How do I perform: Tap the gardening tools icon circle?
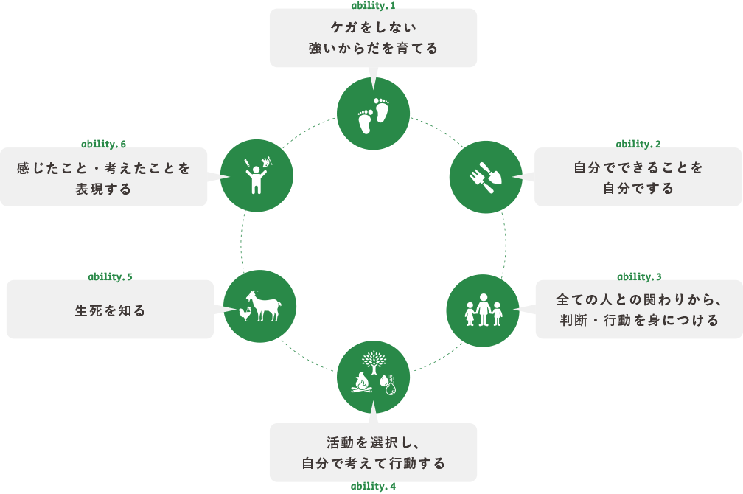pos(486,177)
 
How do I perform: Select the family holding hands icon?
pos(484,310)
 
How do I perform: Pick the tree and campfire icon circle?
pos(373,377)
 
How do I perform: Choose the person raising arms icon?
pos(256,175)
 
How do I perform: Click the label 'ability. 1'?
pos(373,4)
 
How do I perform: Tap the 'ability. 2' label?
pos(638,143)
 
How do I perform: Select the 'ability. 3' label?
pos(638,276)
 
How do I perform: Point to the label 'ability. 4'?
pos(373,487)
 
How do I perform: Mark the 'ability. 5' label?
pos(111,276)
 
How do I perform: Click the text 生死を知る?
pos(111,310)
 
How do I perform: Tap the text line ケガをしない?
pos(373,28)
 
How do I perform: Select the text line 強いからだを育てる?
pos(373,49)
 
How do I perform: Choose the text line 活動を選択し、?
pos(373,442)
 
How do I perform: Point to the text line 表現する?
pos(103,189)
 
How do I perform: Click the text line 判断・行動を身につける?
pos(638,320)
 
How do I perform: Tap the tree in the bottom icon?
pos(374,361)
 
